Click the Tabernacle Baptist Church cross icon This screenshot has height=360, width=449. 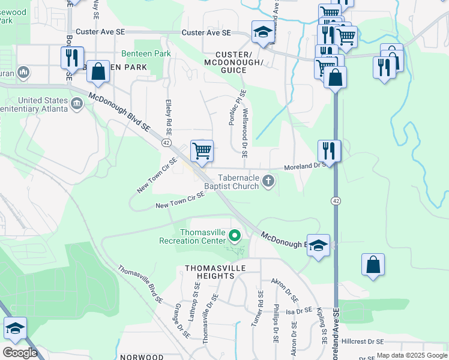pos(269,181)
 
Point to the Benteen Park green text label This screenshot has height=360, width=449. pos(146,54)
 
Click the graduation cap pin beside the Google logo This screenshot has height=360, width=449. pos(15,328)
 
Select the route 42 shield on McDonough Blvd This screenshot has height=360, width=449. pos(166,143)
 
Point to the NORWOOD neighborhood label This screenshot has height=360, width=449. pos(142,356)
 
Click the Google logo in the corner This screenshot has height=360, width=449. pos(20,353)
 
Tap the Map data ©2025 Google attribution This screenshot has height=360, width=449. pos(411,356)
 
